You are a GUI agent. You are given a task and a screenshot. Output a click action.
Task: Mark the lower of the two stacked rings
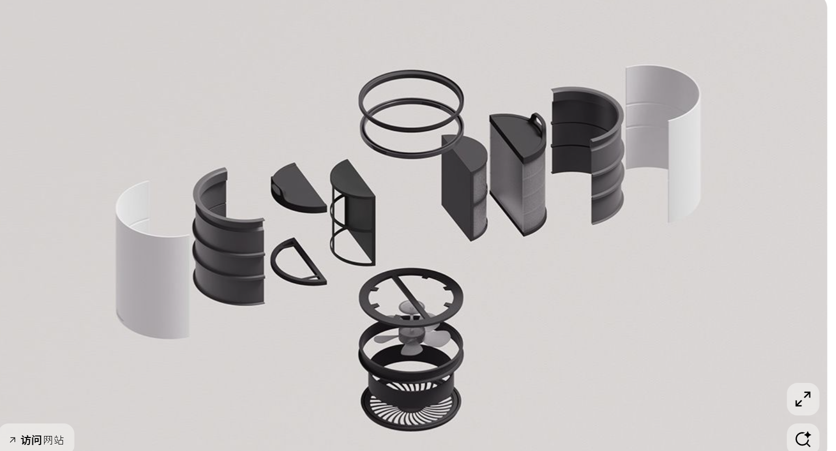(x=411, y=154)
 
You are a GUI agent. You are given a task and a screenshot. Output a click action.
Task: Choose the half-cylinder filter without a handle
(x=465, y=187)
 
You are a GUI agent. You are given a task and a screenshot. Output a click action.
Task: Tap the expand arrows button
(x=803, y=399)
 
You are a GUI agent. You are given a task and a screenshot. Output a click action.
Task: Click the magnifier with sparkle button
(x=803, y=438)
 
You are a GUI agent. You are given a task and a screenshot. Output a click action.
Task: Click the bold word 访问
(x=31, y=440)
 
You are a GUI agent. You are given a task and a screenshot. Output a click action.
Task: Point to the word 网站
(x=54, y=440)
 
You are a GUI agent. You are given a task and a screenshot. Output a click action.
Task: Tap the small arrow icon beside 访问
(x=13, y=440)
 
